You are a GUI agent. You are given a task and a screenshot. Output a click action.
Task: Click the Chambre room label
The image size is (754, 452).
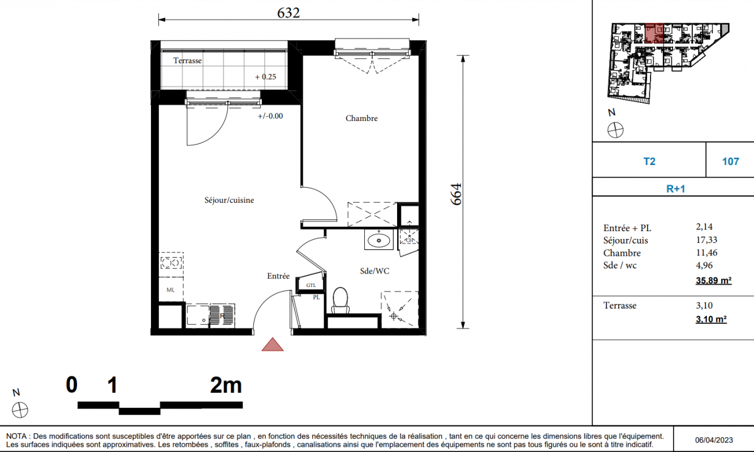(x=361, y=119)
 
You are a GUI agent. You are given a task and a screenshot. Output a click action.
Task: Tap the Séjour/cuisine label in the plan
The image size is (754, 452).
(x=229, y=200)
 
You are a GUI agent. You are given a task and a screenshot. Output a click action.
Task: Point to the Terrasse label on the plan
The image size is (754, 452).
(x=187, y=60)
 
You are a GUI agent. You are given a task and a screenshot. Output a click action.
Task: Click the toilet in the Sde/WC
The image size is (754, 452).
(x=341, y=301)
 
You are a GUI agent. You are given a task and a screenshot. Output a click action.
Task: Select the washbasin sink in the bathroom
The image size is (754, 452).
(x=378, y=240)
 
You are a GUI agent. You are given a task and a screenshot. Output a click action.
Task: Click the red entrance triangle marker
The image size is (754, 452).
(x=273, y=345)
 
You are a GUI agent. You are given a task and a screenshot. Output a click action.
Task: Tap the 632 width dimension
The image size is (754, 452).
(x=288, y=13)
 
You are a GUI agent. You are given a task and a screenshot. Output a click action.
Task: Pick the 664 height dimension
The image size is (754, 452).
(x=456, y=194)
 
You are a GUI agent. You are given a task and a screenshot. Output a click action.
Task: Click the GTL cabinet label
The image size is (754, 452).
(x=311, y=285)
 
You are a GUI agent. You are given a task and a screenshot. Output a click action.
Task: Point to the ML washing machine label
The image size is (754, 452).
(x=171, y=290)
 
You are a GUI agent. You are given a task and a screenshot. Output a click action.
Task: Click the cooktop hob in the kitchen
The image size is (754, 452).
(x=171, y=263)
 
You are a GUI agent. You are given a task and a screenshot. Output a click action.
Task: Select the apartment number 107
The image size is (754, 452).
(x=730, y=162)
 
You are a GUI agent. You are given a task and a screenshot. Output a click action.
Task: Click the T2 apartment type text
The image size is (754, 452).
(x=649, y=162)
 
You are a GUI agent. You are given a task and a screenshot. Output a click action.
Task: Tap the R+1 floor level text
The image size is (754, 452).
(x=676, y=189)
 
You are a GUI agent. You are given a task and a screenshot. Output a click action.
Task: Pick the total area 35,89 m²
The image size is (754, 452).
(x=714, y=280)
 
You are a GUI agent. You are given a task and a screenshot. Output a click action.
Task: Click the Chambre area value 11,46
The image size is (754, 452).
(x=706, y=253)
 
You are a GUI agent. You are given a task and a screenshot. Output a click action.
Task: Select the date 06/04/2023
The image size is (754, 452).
(x=714, y=440)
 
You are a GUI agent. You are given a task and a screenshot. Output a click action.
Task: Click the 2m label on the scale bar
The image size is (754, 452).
(x=226, y=385)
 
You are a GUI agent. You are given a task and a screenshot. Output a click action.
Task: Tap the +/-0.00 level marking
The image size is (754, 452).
(x=270, y=116)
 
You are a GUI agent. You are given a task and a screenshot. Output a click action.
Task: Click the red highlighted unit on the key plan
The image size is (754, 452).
(x=654, y=33)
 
